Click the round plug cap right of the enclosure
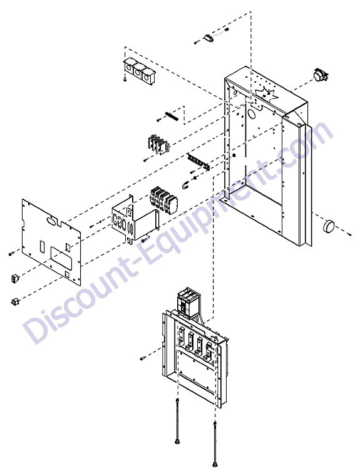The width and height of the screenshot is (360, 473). [x=329, y=226]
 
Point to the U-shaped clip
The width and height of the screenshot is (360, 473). [x=185, y=185]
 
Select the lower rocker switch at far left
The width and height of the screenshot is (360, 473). [x=15, y=301]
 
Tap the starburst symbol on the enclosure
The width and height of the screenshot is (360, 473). [x=266, y=94]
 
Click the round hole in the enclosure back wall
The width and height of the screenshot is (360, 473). [x=250, y=113]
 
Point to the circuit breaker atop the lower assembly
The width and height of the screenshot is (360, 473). [x=188, y=303]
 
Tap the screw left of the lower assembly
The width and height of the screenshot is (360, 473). [x=143, y=358]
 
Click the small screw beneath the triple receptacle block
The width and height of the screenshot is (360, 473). [x=125, y=79]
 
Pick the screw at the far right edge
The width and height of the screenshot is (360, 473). [x=349, y=234]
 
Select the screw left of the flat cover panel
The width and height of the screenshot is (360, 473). [x=11, y=253]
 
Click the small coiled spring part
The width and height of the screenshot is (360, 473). [x=172, y=116]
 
